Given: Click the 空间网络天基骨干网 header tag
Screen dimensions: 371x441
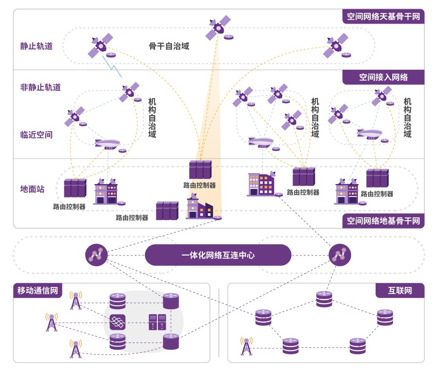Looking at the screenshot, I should point(383,17).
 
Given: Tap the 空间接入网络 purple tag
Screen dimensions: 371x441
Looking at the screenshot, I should point(383,77).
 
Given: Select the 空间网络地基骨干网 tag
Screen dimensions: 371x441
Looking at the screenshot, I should point(383,221).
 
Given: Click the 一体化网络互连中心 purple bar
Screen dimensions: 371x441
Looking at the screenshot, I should point(218,255).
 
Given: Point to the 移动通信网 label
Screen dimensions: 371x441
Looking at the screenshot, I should point(35,291).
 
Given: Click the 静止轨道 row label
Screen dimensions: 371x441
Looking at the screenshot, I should point(36,47).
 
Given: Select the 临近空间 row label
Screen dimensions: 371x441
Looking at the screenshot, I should point(36,135).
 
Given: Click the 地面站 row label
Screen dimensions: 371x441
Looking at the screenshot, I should point(32,189).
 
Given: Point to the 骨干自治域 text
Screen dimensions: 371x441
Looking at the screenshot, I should point(169,47).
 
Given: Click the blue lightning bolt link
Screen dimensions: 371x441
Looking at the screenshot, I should point(112,66).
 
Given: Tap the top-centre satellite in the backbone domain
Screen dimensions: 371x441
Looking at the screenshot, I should point(218,28).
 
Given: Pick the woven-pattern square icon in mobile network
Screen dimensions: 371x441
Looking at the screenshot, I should point(118,322).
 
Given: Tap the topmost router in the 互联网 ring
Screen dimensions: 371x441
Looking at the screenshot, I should point(324,298).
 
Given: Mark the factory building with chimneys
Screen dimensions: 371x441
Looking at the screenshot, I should point(199,207).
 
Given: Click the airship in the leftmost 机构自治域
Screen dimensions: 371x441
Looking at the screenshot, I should point(107,143).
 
